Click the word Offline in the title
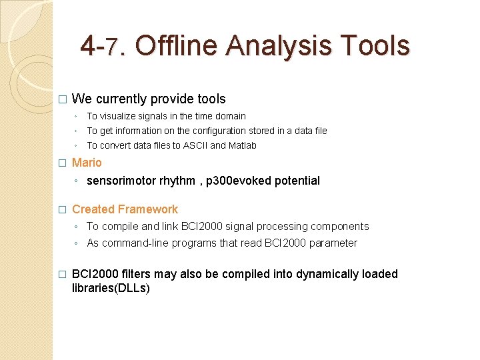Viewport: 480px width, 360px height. coord(177,46)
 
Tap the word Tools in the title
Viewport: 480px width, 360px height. coord(375,46)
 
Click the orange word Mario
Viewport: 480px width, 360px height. coord(87,163)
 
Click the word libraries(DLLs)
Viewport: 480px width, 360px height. coord(111,289)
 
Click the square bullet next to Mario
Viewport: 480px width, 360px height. coord(62,163)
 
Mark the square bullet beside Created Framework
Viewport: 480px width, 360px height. coord(62,210)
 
